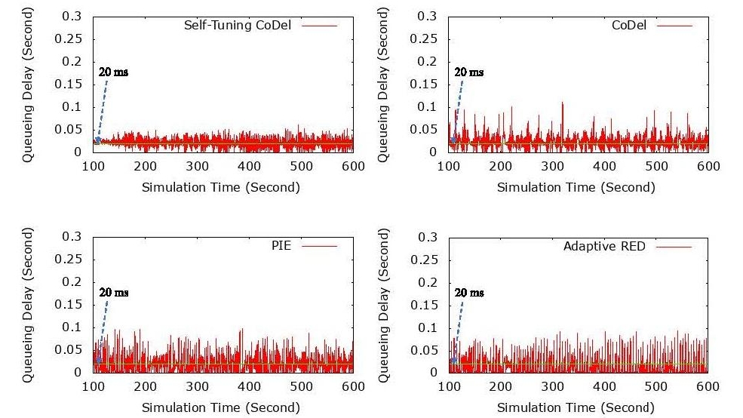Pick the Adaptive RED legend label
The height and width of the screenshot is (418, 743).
(x=604, y=246)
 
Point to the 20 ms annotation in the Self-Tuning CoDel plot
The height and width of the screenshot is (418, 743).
(x=113, y=72)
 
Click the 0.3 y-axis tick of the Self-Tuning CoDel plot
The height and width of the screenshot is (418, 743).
(x=75, y=17)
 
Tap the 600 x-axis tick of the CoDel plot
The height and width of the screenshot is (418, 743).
(x=708, y=166)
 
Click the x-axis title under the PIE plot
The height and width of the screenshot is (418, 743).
(x=220, y=407)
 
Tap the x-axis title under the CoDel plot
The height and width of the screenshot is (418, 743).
(x=576, y=187)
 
